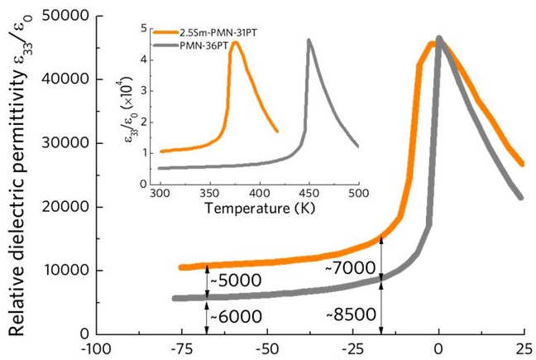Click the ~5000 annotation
(x=237, y=280)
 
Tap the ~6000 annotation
(x=237, y=315)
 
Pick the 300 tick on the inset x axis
(x=159, y=190)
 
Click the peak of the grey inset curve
(x=309, y=40)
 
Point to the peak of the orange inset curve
(x=235, y=43)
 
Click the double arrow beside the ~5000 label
(x=207, y=281)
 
